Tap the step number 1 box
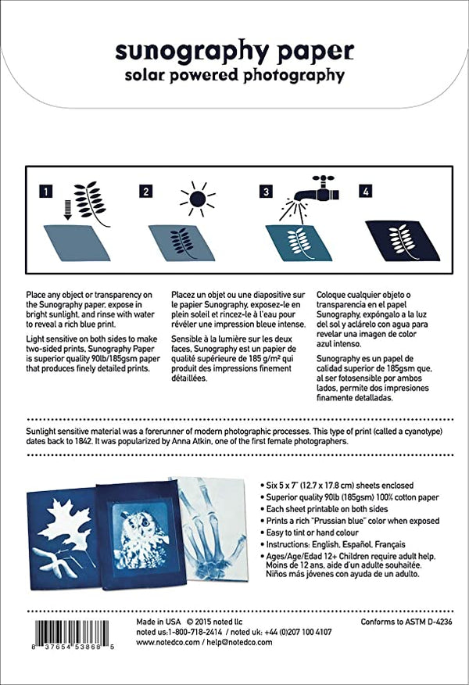(48, 191)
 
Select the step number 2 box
(145, 191)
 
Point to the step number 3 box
(266, 191)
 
